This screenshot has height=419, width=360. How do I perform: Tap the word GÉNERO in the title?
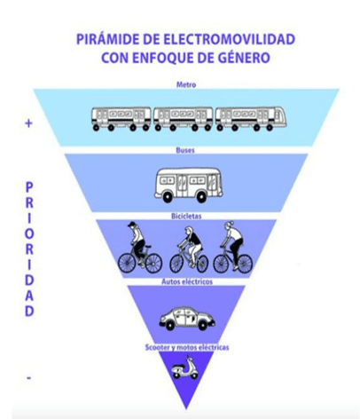[247, 58]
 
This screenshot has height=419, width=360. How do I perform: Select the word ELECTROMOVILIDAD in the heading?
[228, 39]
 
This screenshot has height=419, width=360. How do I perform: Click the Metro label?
[186, 84]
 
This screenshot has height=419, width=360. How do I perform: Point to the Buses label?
[185, 150]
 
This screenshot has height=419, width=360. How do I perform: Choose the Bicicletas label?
[186, 217]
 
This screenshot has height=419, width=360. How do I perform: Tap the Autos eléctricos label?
[187, 281]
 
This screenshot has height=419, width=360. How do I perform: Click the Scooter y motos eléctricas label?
[187, 347]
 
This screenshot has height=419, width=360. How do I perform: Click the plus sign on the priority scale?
[28, 123]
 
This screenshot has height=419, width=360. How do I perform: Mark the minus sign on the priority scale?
[29, 377]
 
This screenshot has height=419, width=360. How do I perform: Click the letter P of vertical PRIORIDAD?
[29, 187]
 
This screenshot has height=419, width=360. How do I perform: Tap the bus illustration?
[188, 185]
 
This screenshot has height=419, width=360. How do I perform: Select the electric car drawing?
[187, 319]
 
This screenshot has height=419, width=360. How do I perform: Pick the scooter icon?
[185, 368]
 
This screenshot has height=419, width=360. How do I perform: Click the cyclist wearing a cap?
[140, 247]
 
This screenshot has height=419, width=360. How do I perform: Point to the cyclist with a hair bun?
[233, 247]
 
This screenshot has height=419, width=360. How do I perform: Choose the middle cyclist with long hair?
[189, 249]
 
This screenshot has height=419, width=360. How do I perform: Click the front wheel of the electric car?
[202, 326]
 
